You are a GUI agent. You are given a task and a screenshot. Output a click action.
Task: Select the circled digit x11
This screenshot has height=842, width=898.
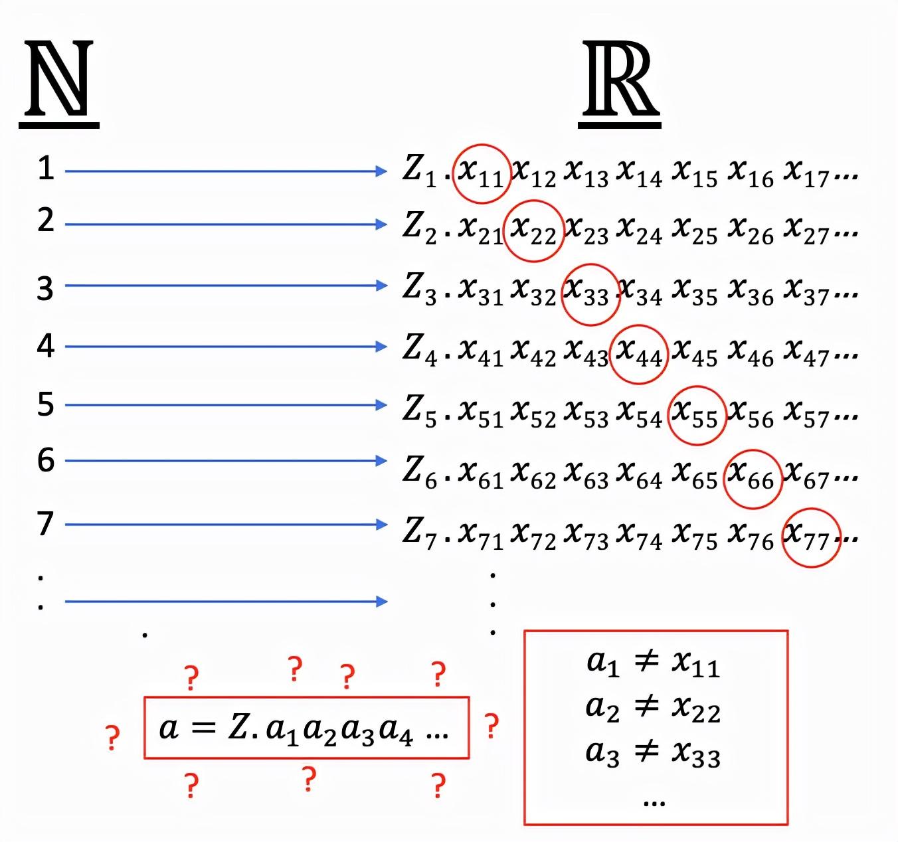482,173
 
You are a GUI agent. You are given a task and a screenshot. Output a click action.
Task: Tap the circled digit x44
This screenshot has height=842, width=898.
638,354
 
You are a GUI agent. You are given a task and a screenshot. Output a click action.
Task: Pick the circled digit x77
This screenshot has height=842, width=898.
810,537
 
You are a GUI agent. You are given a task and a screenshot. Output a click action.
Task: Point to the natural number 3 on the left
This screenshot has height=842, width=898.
45,288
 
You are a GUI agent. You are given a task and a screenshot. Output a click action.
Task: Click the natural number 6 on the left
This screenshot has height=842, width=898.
45,460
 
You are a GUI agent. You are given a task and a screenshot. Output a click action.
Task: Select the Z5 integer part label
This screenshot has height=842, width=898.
419,410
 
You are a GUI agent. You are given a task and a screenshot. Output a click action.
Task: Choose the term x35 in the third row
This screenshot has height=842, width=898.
695,292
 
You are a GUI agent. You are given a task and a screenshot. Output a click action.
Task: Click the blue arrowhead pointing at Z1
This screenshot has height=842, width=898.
381,171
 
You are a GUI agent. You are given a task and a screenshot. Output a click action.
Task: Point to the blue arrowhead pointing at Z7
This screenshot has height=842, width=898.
381,525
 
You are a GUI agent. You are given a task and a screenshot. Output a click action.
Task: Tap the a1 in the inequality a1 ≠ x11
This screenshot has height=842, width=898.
603,662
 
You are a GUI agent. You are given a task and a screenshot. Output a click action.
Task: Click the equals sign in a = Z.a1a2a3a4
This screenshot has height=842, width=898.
203,728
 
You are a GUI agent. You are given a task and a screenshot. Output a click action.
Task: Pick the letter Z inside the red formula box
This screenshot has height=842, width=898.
238,727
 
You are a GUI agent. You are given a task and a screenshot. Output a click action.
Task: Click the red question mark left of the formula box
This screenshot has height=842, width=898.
113,738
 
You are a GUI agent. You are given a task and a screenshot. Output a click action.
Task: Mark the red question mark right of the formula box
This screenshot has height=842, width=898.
491,726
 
